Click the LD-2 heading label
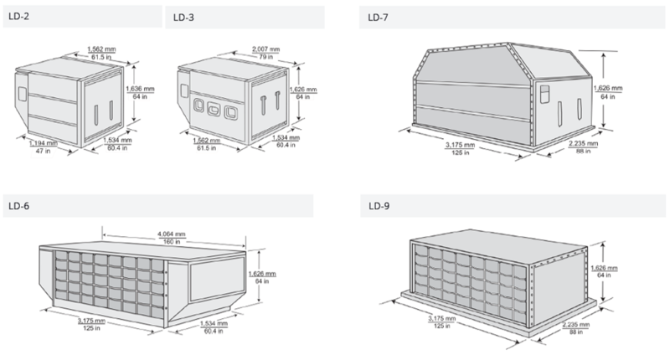pyautogui.click(x=18, y=16)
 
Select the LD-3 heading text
pyautogui.click(x=183, y=18)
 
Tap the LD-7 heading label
pyautogui.click(x=379, y=18)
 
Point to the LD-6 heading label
pyautogui.click(x=18, y=206)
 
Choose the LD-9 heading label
pyautogui.click(x=379, y=206)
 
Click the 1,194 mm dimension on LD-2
pyautogui.click(x=44, y=143)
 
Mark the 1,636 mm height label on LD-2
pyautogui.click(x=140, y=89)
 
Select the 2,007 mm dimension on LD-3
pyautogui.click(x=265, y=49)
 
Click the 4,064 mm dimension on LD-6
pyautogui.click(x=172, y=234)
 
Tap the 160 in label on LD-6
pyautogui.click(x=172, y=242)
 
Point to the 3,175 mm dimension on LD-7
pyautogui.click(x=460, y=145)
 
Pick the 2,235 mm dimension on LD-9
pyautogui.click(x=576, y=325)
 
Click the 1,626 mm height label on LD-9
pyautogui.click(x=604, y=268)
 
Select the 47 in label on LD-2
pyautogui.click(x=44, y=151)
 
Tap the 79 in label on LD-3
pyautogui.click(x=265, y=57)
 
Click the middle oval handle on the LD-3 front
pyautogui.click(x=214, y=110)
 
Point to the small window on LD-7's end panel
pyautogui.click(x=545, y=94)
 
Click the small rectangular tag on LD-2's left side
pyautogui.click(x=22, y=95)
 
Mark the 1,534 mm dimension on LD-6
pyautogui.click(x=214, y=324)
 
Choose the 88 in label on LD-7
pyautogui.click(x=583, y=152)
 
